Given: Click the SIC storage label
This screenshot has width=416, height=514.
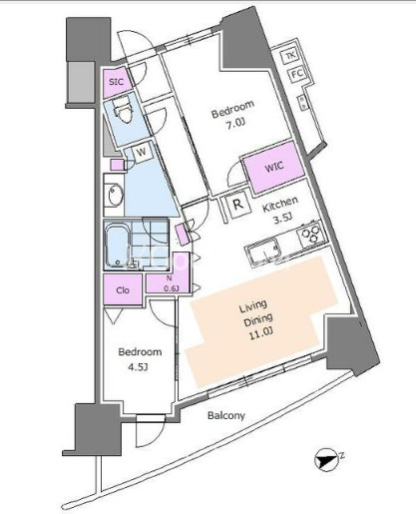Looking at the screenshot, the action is (x=117, y=82).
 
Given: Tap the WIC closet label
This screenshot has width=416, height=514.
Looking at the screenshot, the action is (x=274, y=166).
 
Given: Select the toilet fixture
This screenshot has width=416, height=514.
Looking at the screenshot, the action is (x=122, y=111).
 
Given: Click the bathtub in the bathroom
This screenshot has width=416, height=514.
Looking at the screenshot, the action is (x=117, y=246).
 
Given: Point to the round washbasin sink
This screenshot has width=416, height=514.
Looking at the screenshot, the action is (x=115, y=195).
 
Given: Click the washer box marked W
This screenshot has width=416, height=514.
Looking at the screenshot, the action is (x=142, y=153).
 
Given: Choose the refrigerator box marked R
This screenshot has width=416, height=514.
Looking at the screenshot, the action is (x=238, y=205).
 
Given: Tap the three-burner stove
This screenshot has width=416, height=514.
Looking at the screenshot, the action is (x=310, y=234).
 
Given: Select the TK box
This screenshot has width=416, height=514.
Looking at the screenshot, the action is (x=290, y=56).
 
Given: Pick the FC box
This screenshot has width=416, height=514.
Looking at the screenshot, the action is (x=296, y=74).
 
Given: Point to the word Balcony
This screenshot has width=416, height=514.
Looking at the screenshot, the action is (x=226, y=415).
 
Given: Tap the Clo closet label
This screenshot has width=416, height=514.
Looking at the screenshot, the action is (x=123, y=290).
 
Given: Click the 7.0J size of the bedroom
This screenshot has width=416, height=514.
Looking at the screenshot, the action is (x=235, y=125).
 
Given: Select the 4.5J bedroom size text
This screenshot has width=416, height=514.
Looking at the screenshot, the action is (x=138, y=367).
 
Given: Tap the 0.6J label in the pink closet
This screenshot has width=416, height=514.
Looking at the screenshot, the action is (x=172, y=288).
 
